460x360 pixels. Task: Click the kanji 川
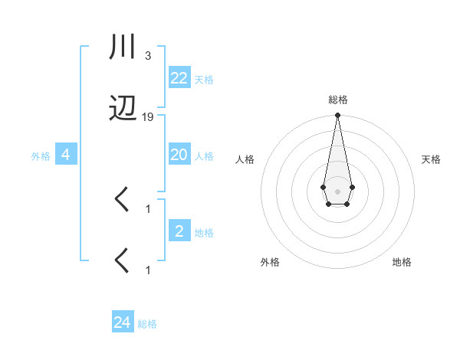123,47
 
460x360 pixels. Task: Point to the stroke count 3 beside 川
147,56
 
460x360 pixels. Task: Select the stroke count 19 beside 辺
148,117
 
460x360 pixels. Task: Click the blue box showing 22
179,77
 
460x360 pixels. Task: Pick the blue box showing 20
179,155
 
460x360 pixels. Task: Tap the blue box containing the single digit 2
179,231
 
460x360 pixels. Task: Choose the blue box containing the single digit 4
66,155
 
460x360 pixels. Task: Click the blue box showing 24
122,322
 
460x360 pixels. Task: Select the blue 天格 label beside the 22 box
204,79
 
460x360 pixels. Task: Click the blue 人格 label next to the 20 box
204,156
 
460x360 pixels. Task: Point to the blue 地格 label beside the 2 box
204,232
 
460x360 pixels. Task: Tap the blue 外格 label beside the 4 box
41,156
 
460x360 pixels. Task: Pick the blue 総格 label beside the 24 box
147,324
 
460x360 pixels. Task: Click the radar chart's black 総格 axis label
337,100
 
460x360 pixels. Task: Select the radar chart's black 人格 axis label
245,159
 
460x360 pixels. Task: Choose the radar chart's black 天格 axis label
432,159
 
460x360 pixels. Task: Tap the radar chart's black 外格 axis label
270,262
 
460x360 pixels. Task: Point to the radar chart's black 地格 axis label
402,262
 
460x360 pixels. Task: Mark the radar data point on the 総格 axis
337,116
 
